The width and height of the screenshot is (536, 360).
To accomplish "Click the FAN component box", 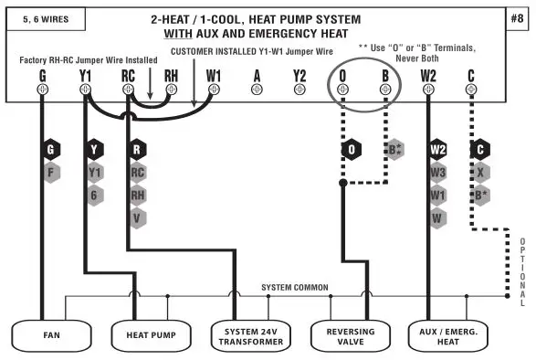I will pyautogui.click(x=51, y=334).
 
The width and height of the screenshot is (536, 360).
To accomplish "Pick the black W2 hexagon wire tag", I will pyautogui.click(x=438, y=148).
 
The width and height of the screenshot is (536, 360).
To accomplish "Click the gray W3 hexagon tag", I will pyautogui.click(x=438, y=171).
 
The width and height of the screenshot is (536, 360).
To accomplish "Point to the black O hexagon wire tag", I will pyautogui.click(x=352, y=149).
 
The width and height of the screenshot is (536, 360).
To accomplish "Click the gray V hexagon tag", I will pyautogui.click(x=138, y=217).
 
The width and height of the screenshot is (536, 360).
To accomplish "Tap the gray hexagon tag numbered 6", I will pyautogui.click(x=95, y=194).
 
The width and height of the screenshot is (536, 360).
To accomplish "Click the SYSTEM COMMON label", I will pyautogui.click(x=294, y=287).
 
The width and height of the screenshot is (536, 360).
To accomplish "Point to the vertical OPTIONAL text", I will pyautogui.click(x=522, y=270).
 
